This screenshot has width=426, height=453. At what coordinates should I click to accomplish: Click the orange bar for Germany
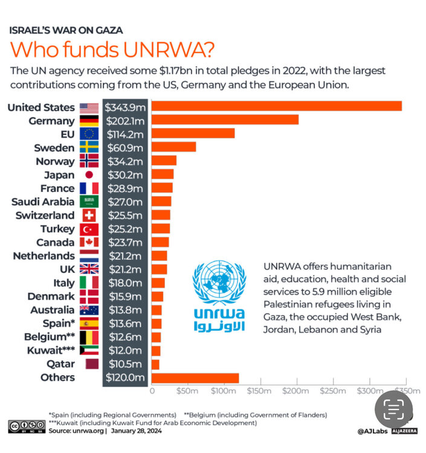225,120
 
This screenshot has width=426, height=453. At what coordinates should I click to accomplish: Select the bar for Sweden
173,147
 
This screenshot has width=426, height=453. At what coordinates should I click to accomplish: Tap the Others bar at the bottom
195,378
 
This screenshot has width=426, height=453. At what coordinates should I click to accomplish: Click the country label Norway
56,161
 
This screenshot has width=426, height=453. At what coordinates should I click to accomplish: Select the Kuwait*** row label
51,350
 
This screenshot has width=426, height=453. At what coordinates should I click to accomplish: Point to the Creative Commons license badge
26,427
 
